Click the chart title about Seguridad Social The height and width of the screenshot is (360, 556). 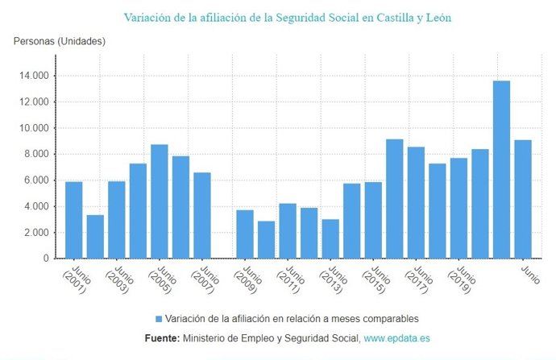click(x=287, y=17)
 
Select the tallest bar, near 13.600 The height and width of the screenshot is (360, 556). click(x=501, y=169)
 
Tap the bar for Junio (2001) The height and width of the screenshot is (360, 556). click(x=74, y=220)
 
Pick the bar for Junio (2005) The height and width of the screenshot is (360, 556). click(x=160, y=201)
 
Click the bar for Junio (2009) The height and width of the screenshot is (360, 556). click(x=245, y=234)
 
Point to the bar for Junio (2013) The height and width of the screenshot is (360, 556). click(x=330, y=238)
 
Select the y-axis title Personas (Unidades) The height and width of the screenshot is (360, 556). click(x=60, y=41)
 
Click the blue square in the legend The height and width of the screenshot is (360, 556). click(x=159, y=318)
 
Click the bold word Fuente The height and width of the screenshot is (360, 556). click(x=161, y=338)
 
